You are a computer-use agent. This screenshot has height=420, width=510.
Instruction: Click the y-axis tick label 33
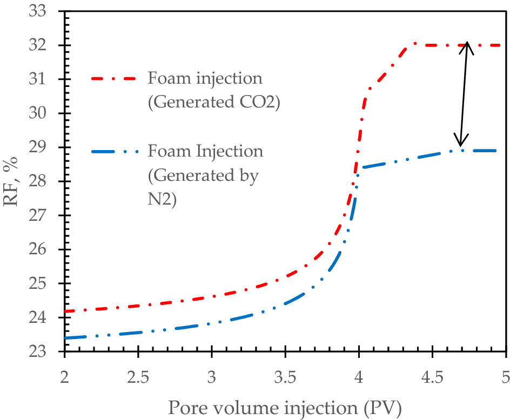(44, 11)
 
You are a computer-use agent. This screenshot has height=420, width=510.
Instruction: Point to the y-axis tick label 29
(44, 147)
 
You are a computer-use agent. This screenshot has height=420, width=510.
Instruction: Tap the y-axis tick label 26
(44, 249)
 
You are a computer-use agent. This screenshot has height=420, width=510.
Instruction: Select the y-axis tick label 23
(44, 351)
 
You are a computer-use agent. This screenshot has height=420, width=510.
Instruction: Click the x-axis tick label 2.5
(138, 374)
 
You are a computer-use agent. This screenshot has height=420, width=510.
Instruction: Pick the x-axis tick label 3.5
(285, 374)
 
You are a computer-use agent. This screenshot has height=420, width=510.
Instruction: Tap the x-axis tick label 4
(359, 374)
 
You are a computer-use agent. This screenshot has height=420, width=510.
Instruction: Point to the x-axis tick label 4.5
(432, 374)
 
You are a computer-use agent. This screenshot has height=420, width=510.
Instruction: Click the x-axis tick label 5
(506, 374)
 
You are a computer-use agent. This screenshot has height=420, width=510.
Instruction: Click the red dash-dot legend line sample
(115, 79)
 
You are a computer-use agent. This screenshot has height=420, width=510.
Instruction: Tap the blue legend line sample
(115, 152)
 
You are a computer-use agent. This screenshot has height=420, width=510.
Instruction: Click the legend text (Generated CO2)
(213, 103)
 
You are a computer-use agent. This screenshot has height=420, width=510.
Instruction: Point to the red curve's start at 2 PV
(66, 311)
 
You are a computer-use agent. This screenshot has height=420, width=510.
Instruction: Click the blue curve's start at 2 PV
(66, 338)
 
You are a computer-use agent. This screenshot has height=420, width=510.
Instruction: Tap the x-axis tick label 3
(212, 374)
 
